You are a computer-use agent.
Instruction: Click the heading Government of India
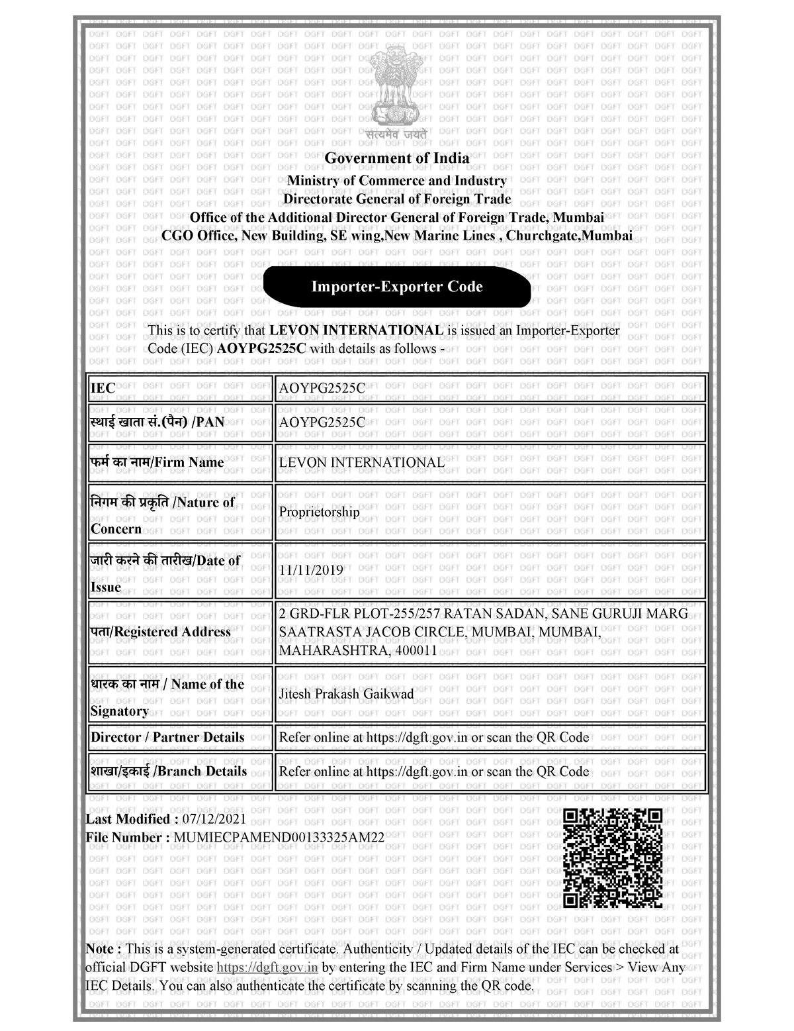[396, 158]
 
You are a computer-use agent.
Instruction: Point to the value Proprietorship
[319, 512]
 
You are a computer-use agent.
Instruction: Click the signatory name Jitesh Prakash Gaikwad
[346, 694]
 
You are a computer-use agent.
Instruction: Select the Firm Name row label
[157, 462]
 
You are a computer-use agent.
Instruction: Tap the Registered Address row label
[161, 632]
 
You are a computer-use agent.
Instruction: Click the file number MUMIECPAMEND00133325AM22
[279, 838]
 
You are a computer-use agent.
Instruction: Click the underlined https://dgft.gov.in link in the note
[268, 967]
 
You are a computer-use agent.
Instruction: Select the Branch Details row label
[169, 771]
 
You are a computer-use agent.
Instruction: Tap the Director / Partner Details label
[167, 737]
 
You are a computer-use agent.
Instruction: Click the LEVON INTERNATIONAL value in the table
[361, 462]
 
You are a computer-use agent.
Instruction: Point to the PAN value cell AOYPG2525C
[322, 422]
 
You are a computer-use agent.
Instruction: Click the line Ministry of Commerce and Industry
[396, 181]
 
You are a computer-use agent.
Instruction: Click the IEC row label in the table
[103, 388]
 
